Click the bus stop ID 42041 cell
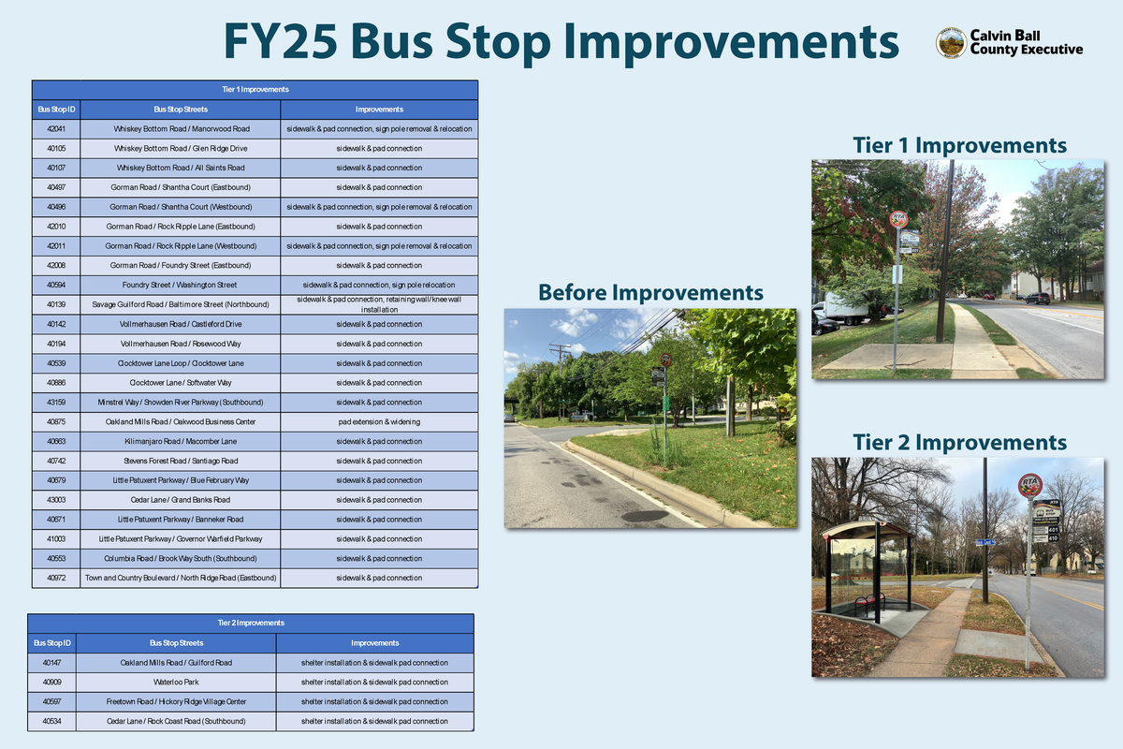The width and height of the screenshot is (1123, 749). [55, 128]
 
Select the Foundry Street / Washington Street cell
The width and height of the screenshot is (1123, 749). [180, 285]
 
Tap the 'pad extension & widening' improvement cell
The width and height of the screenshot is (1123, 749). [379, 421]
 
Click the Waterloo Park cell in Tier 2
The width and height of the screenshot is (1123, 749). [176, 682]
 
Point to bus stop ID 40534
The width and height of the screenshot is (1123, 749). [52, 721]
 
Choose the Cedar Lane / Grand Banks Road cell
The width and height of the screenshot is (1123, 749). [180, 500]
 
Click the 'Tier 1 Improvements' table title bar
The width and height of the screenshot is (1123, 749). [255, 90]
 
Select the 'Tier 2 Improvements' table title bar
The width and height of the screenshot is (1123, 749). [251, 623]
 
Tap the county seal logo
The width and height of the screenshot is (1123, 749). [951, 43]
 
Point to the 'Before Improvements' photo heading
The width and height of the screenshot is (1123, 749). [650, 293]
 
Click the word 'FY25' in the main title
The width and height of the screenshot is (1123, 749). [281, 42]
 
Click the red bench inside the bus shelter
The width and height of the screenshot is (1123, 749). [868, 603]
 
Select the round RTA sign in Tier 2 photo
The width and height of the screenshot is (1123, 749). [1030, 485]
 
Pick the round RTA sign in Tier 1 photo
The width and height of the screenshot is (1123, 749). [898, 219]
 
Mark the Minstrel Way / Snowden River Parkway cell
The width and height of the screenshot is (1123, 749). [180, 403]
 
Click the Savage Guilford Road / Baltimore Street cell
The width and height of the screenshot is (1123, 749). [180, 304]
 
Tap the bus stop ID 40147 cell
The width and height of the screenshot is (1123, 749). [52, 663]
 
